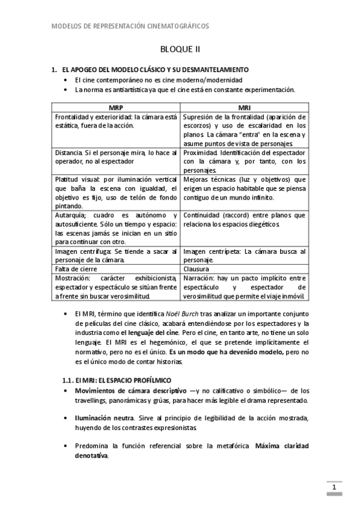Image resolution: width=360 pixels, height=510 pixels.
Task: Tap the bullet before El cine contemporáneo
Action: coord(66,80)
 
